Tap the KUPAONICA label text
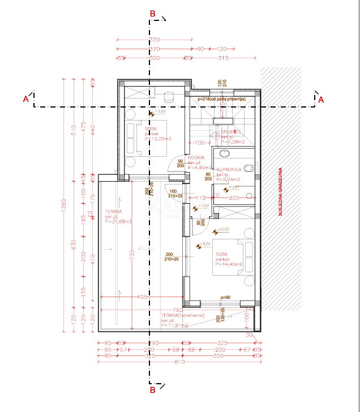[x=228, y=169]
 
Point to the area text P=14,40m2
[x=229, y=264]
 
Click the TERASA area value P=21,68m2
[x=118, y=222]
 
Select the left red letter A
[x=25, y=100]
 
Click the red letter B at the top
[x=152, y=14]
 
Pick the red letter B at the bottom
[x=152, y=389]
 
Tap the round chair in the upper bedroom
[x=168, y=96]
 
